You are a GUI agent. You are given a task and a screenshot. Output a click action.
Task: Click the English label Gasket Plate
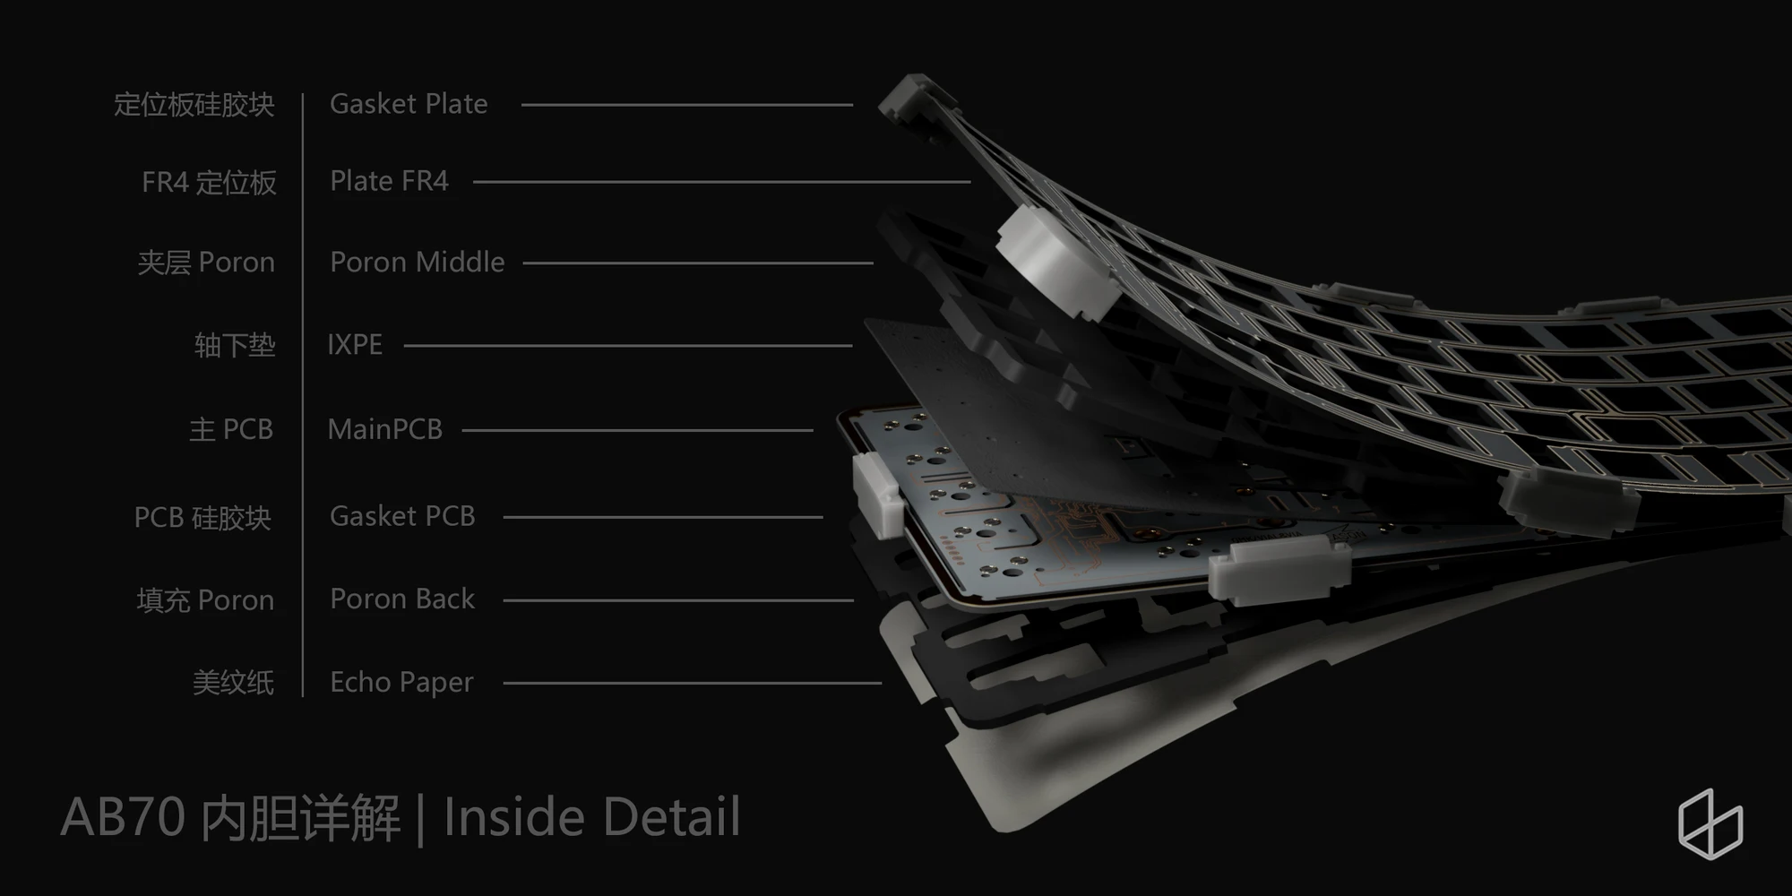point(409,104)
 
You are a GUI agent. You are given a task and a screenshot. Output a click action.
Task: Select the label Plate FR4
point(389,181)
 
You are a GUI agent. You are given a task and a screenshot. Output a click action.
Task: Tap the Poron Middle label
point(418,262)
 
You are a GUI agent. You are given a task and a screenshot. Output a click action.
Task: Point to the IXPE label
point(355,345)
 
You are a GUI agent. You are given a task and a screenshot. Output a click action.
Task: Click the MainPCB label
point(385,429)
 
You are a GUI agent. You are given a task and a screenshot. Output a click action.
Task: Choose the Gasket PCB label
point(402,516)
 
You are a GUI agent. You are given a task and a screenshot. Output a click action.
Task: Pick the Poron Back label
point(402,599)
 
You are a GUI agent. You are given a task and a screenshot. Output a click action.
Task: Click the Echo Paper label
point(401,683)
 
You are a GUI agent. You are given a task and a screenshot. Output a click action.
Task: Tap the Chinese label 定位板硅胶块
point(194,105)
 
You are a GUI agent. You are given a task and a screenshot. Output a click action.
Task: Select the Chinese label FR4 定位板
point(209,183)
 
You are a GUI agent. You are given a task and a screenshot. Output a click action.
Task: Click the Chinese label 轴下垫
point(235,345)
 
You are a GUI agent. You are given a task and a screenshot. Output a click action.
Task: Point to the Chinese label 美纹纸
point(233,683)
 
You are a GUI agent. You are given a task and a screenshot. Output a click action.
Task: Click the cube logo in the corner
point(1710,823)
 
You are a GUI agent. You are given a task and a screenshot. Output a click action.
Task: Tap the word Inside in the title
point(515,817)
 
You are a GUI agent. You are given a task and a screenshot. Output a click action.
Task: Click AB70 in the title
point(123,817)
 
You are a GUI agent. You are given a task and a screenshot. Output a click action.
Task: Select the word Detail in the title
point(671,817)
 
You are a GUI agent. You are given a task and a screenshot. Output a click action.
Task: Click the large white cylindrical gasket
point(1057,262)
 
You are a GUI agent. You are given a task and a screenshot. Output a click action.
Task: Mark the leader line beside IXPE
point(628,346)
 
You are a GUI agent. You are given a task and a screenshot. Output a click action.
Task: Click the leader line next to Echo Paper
point(693,683)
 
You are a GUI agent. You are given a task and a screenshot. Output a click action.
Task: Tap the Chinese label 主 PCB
point(231,430)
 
